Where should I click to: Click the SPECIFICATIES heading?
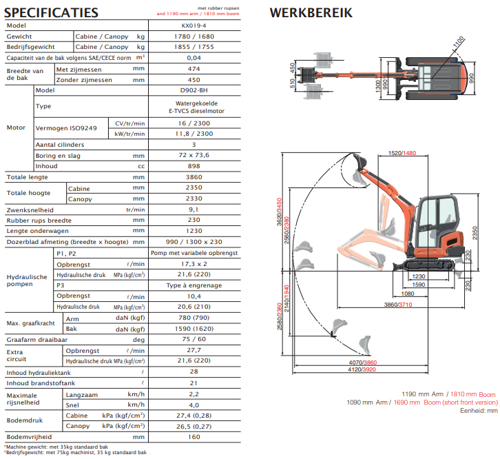52,12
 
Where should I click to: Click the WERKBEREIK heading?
311,12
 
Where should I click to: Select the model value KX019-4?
194,25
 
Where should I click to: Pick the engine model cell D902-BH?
194,90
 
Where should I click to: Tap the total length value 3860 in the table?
194,177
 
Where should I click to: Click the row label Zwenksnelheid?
31,210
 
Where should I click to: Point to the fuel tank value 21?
194,382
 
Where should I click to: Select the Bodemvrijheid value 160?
194,436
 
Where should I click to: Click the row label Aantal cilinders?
60,145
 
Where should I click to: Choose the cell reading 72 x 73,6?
194,155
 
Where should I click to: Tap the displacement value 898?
194,166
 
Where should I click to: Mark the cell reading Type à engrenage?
194,285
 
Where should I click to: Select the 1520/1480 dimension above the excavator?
402,153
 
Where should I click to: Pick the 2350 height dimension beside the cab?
475,233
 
